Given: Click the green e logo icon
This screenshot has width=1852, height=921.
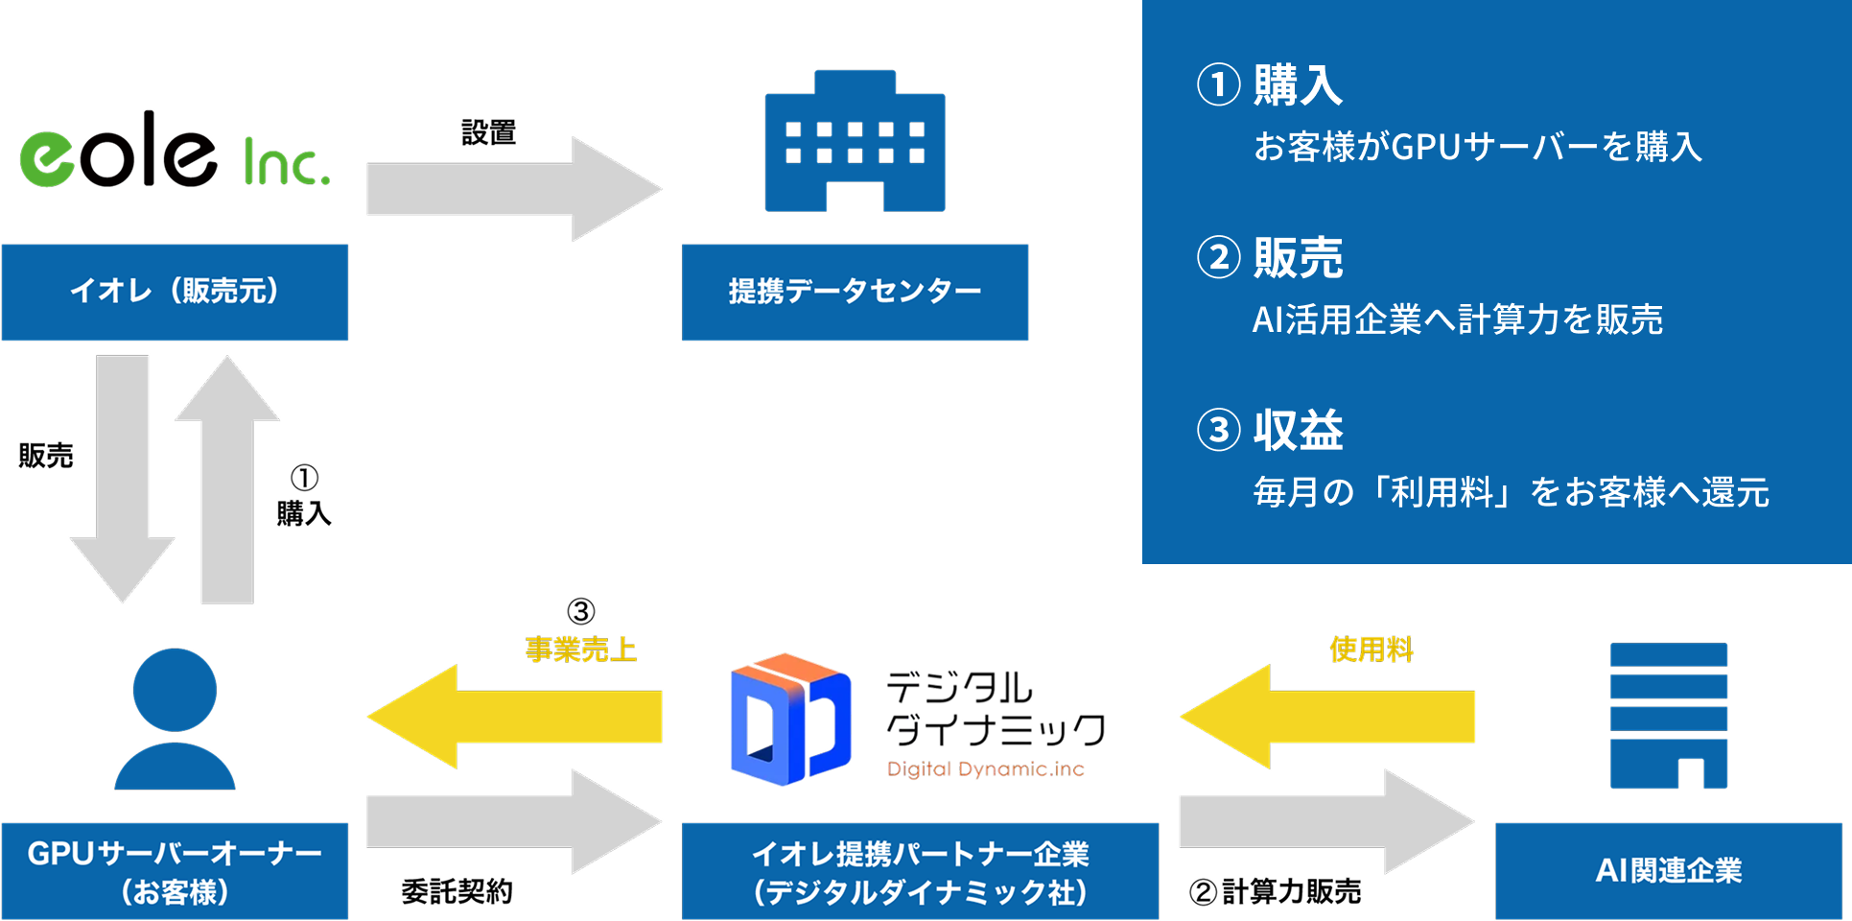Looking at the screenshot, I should point(47,159).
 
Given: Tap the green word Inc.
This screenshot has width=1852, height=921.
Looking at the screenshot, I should point(286,163).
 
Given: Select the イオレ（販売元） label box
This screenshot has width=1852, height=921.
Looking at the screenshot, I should point(175,292).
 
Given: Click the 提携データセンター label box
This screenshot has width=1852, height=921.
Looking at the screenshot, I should point(855,292).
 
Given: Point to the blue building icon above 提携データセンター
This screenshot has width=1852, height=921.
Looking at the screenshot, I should point(855,141).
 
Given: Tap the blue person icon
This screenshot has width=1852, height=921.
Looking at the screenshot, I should point(175,720).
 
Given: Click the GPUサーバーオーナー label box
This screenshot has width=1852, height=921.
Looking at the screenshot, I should point(175,871).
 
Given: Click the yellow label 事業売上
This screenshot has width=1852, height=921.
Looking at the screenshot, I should point(580,649).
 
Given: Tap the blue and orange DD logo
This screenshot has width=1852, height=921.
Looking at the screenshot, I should point(790,720).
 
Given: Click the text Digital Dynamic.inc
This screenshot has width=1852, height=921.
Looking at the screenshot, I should point(986,769).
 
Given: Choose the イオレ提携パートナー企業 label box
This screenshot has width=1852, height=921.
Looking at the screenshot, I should point(920,871).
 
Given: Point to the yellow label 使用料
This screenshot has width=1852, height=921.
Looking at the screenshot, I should point(1371,649).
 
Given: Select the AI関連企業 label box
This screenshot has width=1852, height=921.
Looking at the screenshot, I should point(1669,871).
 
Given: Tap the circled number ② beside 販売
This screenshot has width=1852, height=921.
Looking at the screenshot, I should point(1218,258).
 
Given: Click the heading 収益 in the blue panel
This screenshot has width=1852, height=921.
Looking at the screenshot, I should point(1298,430).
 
